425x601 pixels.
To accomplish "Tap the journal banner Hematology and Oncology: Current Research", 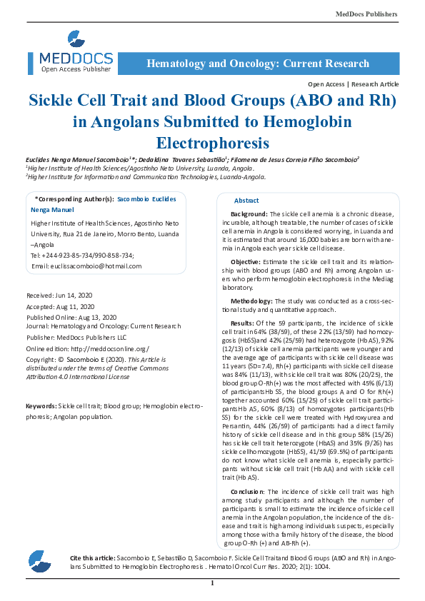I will coord(258,64).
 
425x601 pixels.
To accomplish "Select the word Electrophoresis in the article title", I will coord(212,141).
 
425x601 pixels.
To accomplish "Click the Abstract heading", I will coord(246,201).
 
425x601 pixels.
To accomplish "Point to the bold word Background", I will coord(249,214).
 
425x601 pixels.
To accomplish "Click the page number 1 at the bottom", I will coord(212,583).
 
